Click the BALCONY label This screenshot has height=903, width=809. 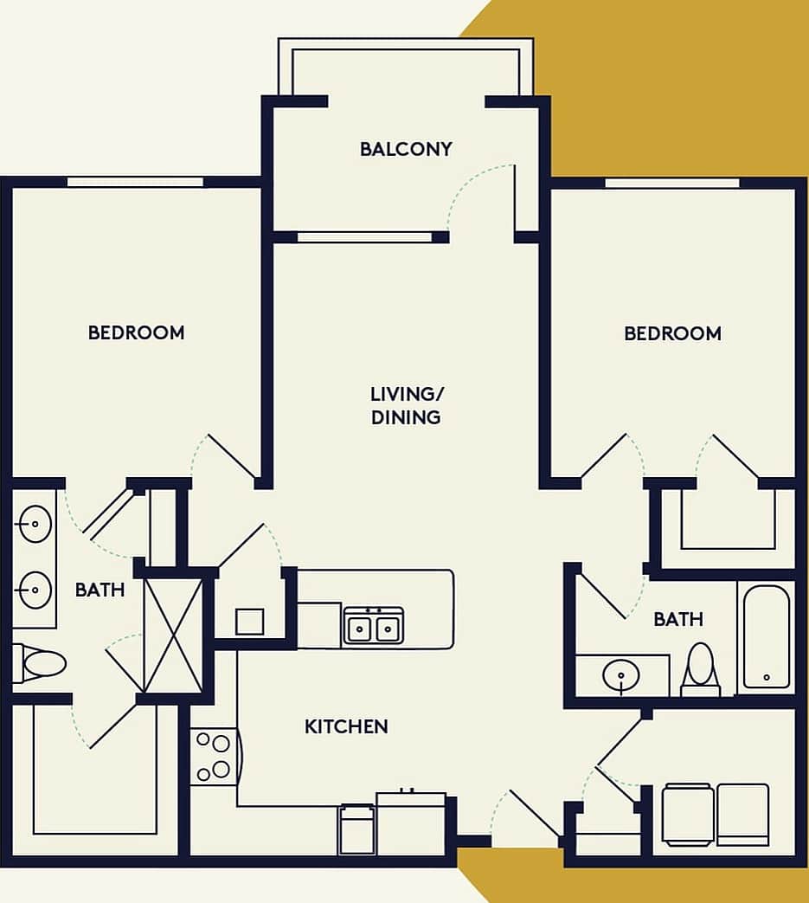[406, 149]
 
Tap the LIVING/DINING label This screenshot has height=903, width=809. [406, 405]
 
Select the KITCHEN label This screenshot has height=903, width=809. [346, 726]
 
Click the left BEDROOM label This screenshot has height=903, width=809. [136, 332]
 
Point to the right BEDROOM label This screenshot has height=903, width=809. [672, 333]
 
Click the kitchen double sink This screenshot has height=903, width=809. [374, 625]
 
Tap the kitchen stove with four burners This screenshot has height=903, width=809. [212, 757]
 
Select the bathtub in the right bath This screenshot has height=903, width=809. [767, 636]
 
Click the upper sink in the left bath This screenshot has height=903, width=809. [35, 525]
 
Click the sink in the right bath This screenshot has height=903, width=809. [622, 676]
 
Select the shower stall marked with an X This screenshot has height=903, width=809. [173, 635]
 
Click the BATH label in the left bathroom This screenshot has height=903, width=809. [100, 590]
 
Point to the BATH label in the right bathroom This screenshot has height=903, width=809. [678, 620]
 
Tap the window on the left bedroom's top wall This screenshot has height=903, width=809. [136, 182]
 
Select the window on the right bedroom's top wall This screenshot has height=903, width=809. [672, 183]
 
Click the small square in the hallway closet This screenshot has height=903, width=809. [249, 622]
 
